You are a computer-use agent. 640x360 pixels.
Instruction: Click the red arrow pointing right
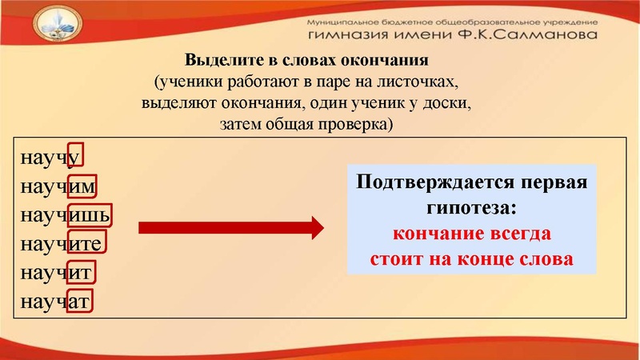231,228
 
